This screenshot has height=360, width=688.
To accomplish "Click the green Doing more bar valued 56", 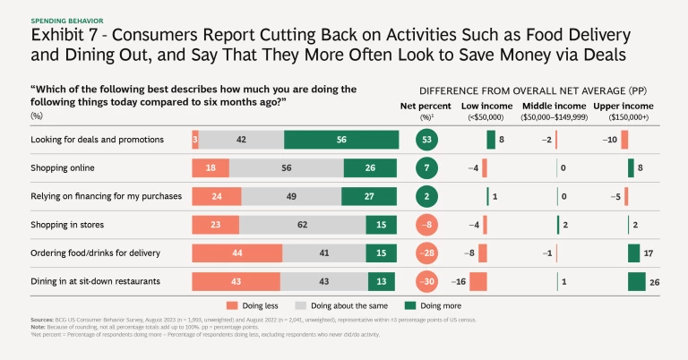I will coord(341,140).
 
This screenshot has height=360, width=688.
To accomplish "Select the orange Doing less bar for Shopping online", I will coord(210,168).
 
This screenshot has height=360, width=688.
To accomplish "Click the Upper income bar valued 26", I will coord(637,282).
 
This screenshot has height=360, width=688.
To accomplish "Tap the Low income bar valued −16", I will coord(477,282).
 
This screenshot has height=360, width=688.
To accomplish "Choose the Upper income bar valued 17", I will coord(633,253).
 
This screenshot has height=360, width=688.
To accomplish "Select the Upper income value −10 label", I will coord(611,140).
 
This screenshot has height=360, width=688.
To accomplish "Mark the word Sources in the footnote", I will coord(41,320).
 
